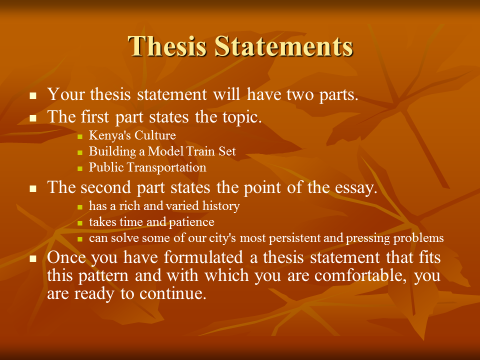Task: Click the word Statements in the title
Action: pyautogui.click(x=284, y=46)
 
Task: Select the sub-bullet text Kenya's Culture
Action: pyautogui.click(x=132, y=135)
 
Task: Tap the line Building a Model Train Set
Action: pyautogui.click(x=162, y=151)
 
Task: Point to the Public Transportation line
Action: pyautogui.click(x=147, y=167)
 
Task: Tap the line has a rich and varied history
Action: pyautogui.click(x=164, y=205)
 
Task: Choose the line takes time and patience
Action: pyautogui.click(x=151, y=221)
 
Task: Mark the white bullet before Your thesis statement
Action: pyautogui.click(x=33, y=95)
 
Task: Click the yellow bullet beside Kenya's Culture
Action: pyautogui.click(x=80, y=136)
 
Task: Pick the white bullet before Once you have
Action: pyautogui.click(x=33, y=258)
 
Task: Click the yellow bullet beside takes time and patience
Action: pyautogui.click(x=80, y=222)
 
